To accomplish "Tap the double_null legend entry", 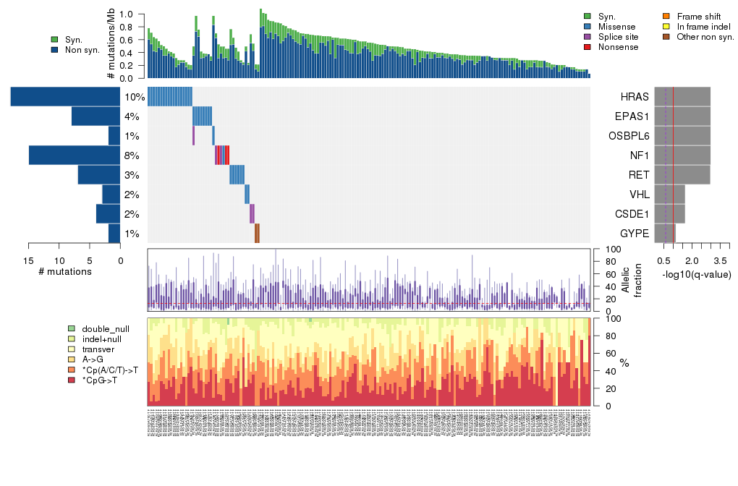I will (102, 328).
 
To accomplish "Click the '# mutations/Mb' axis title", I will (111, 46).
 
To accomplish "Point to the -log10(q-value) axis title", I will (696, 275).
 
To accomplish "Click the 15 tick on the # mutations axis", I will (29, 261).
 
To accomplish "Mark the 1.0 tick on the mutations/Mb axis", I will (125, 14).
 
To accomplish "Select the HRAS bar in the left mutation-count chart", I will (66, 97).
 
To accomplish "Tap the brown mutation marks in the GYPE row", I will (257, 234).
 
